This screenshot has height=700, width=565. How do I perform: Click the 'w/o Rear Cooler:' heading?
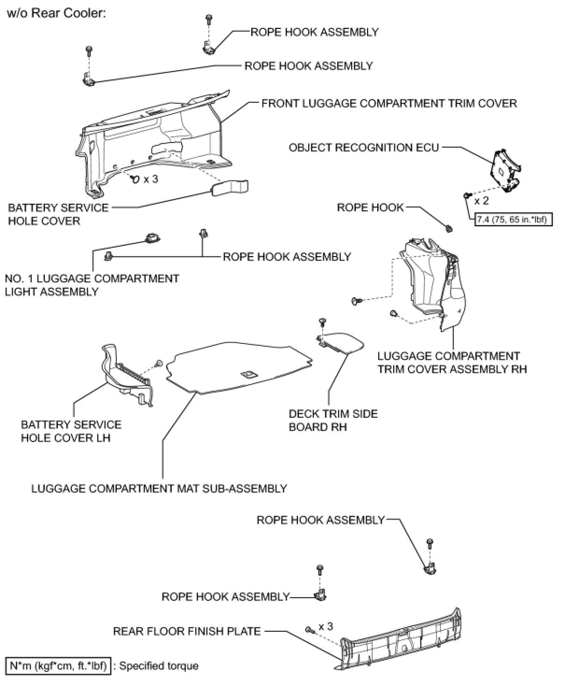[56, 14]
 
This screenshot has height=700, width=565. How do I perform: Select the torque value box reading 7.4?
[513, 220]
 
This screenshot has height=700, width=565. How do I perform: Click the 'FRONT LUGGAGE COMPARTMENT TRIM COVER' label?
[389, 104]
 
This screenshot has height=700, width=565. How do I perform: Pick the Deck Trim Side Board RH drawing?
[341, 343]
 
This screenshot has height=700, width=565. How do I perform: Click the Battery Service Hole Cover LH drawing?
[127, 376]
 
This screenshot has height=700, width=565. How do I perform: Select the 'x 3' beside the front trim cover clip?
[151, 179]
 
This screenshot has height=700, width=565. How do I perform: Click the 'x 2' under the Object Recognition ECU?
[481, 201]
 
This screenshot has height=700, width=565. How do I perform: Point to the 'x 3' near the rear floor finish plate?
[325, 627]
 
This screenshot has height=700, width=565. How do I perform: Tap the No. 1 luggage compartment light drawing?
[152, 237]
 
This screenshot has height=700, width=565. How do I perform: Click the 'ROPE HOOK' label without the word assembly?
[370, 207]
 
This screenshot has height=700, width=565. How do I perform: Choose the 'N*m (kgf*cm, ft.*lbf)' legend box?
[58, 666]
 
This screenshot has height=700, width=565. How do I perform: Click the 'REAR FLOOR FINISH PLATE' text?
[187, 631]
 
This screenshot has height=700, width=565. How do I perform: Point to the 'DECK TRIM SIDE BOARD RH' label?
[333, 421]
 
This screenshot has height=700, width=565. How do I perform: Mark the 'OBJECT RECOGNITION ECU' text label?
[364, 148]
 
